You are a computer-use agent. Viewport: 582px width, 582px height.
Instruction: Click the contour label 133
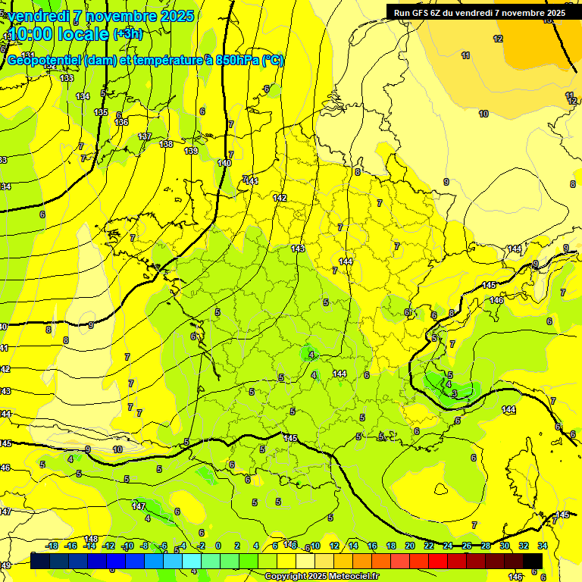(x=67, y=78)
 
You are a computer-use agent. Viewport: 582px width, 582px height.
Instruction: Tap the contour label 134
(x=83, y=96)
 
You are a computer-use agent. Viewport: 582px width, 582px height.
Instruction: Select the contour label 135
(x=101, y=112)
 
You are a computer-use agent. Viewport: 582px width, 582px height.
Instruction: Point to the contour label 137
(x=145, y=136)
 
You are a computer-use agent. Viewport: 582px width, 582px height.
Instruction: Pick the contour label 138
(x=166, y=144)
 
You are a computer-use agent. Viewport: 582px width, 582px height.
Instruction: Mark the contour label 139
(x=192, y=151)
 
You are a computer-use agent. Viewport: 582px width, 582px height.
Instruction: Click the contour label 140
(x=224, y=163)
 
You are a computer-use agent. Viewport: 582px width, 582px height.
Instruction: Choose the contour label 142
(x=280, y=198)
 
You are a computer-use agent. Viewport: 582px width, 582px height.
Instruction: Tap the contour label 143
(x=298, y=249)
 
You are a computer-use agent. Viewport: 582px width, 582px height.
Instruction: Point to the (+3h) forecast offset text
(x=127, y=34)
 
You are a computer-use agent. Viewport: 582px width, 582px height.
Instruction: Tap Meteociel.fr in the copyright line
(x=353, y=577)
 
